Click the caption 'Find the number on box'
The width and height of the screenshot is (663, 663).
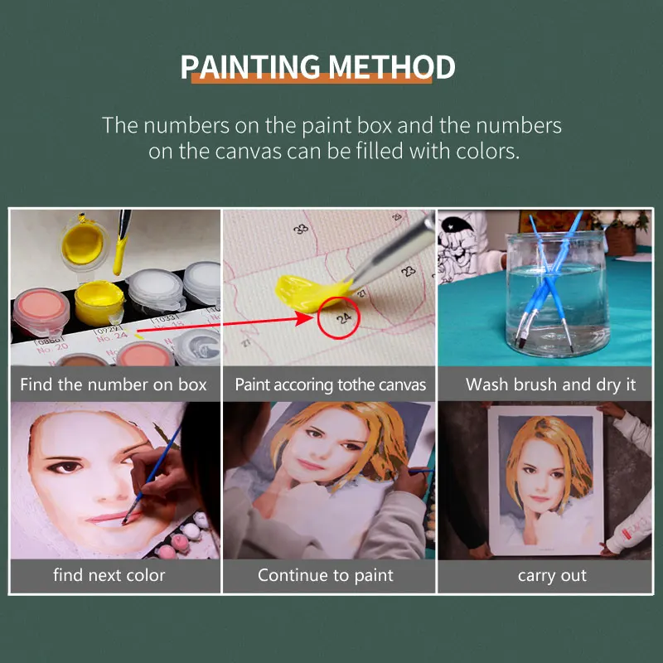point(114,385)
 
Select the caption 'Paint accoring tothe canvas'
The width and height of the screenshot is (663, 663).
point(330,385)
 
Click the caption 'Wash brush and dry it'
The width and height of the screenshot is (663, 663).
point(550,385)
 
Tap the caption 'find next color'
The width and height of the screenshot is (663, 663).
point(109,574)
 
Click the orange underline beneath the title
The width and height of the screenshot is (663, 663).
point(312,80)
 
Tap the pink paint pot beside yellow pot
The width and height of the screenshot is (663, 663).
point(40,308)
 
